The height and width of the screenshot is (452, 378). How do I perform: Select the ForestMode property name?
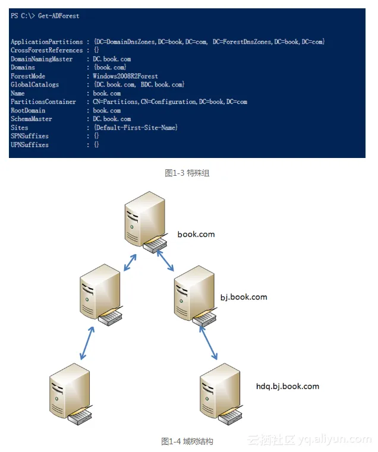click(x=28, y=77)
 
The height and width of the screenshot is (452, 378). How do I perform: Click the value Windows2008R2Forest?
click(x=125, y=77)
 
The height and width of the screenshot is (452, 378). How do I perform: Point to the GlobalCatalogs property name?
click(x=34, y=85)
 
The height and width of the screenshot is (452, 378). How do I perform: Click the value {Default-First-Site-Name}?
click(x=136, y=128)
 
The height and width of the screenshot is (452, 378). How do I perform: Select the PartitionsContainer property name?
click(x=43, y=102)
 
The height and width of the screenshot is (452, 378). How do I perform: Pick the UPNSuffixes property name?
click(x=30, y=145)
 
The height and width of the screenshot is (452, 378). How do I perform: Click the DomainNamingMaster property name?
click(x=42, y=59)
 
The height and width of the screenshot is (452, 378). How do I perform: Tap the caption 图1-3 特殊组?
click(x=187, y=173)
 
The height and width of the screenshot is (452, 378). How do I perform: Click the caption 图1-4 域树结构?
click(x=187, y=441)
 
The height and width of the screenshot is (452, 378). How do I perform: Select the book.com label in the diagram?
click(x=196, y=235)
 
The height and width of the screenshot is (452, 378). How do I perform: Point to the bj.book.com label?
click(x=244, y=297)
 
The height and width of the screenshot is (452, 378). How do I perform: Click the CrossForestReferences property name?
click(x=46, y=50)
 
